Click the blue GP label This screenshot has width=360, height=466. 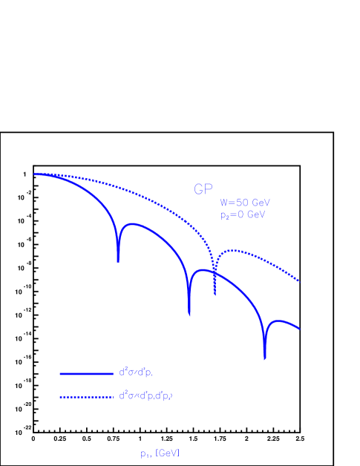click(203, 190)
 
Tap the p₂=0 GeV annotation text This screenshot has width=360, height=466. click(242, 214)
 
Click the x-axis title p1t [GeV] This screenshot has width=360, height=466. click(160, 453)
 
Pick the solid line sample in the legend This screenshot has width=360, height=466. click(85, 373)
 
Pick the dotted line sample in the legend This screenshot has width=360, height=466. click(85, 397)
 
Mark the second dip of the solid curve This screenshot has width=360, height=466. click(189, 314)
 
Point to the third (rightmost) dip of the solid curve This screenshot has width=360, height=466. click(265, 358)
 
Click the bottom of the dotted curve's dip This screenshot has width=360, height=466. click(215, 294)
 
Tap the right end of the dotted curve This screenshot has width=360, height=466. click(299, 281)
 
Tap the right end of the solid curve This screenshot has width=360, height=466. click(299, 329)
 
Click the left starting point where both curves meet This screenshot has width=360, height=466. click(35, 174)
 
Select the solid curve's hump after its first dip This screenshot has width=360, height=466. click(133, 223)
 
